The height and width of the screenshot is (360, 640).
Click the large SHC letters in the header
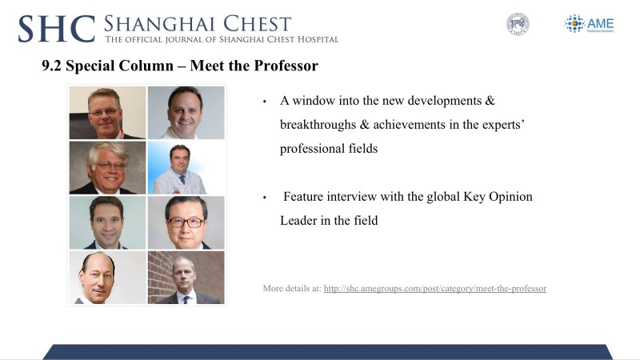pos(57,29)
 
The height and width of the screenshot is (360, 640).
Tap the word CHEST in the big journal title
pos(257,24)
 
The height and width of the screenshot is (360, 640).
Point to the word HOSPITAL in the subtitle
pos(318,39)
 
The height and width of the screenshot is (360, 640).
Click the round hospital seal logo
pos(518,24)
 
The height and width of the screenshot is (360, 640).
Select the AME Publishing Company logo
pos(589,24)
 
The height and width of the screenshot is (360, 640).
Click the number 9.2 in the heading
pos(51,66)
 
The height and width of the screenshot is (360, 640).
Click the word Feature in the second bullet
pos(303,196)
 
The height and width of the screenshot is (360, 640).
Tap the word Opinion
pos(510,197)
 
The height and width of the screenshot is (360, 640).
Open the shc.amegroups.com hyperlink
pos(435,289)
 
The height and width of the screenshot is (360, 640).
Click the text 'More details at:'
pos(292,289)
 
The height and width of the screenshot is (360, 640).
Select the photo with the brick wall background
pos(186,278)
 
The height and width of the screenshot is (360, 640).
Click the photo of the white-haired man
pos(107,168)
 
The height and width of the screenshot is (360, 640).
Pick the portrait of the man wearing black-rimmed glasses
pos(186,222)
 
